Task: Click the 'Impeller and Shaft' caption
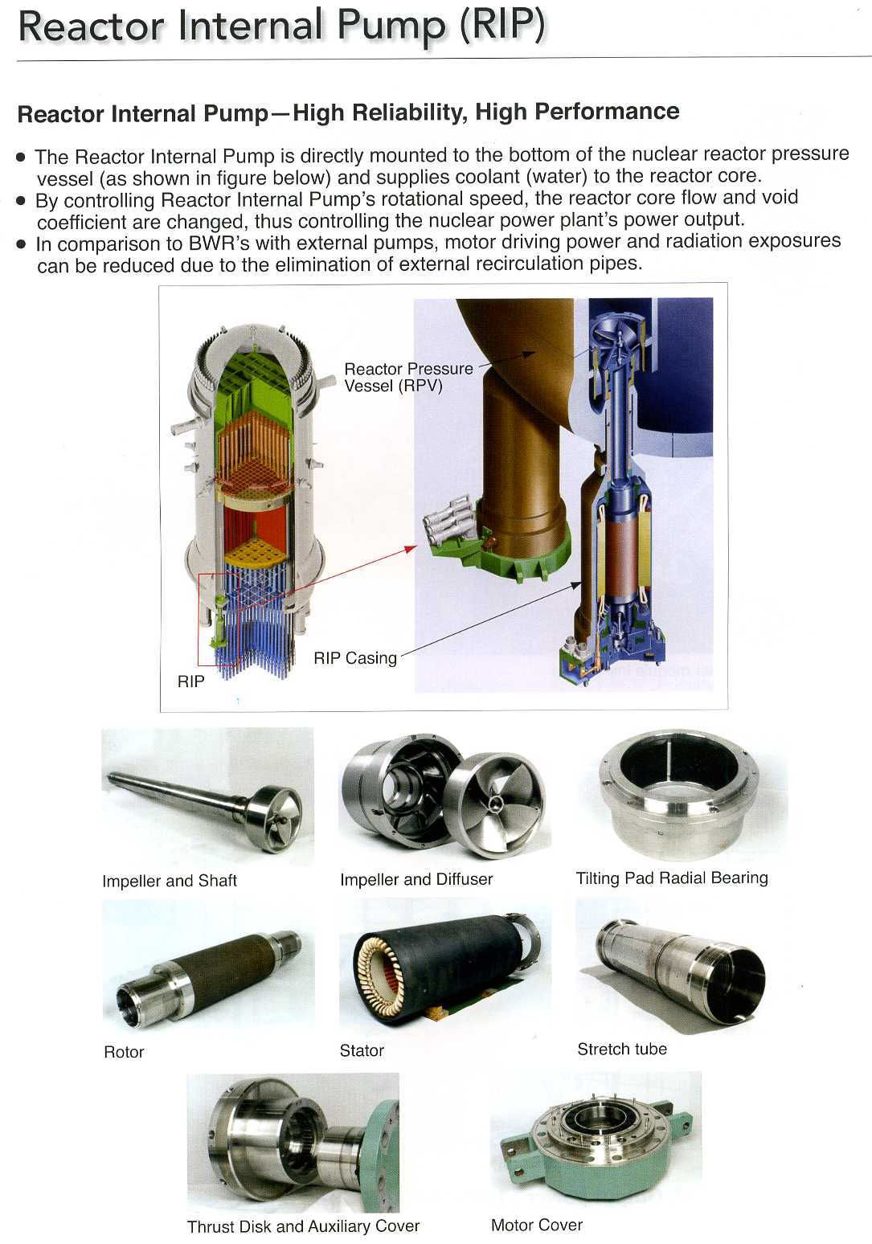tap(170, 881)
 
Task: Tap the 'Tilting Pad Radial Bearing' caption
tap(672, 878)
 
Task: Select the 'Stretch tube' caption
tap(622, 1049)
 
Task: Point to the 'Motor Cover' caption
tap(537, 1225)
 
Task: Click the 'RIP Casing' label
tap(355, 658)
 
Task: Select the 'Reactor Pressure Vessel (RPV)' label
tap(408, 377)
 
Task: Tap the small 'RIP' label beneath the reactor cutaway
tap(191, 681)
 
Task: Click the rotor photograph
tap(208, 977)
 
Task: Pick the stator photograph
tap(444, 966)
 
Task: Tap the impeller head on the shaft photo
tap(275, 818)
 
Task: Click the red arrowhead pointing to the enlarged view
tap(411, 549)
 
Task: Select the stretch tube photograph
tap(681, 968)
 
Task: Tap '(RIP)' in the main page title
tap(502, 26)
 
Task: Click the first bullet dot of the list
tap(22, 158)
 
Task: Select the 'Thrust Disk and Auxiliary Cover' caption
tap(303, 1226)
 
